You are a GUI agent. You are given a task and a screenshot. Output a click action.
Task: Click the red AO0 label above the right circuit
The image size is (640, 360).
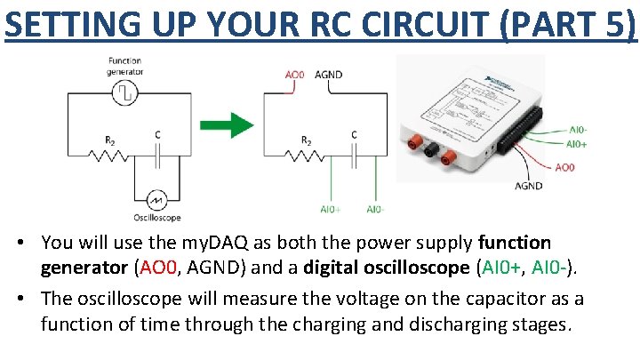point(294,75)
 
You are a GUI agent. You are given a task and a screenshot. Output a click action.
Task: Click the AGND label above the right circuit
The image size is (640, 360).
point(329,75)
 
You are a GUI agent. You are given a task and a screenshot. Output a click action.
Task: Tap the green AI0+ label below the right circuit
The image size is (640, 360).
point(330,210)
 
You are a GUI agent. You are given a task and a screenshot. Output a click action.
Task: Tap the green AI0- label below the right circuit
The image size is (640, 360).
point(377,210)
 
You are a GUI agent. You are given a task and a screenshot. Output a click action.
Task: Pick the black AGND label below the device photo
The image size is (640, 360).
point(528,186)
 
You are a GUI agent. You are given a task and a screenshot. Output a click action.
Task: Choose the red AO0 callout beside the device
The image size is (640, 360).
point(564,167)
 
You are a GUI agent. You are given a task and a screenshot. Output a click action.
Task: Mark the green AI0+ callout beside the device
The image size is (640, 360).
point(577,143)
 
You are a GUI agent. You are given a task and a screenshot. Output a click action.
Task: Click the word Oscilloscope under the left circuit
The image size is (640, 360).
point(156,218)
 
